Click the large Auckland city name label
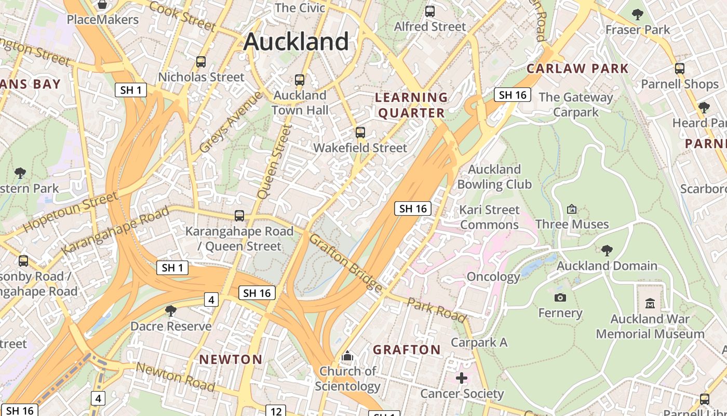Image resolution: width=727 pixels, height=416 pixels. pyautogui.click(x=296, y=42)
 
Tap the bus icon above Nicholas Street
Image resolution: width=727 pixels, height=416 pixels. pyautogui.click(x=201, y=62)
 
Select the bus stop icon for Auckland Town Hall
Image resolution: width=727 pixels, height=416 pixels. pyautogui.click(x=300, y=80)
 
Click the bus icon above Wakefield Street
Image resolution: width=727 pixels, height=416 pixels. pyautogui.click(x=360, y=133)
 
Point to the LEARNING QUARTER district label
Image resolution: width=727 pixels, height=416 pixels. pyautogui.click(x=411, y=105)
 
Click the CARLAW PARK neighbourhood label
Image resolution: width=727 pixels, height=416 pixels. pyautogui.click(x=577, y=69)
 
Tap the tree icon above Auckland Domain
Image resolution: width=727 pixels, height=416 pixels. pyautogui.click(x=607, y=251)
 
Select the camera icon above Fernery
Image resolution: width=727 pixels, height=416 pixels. pyautogui.click(x=560, y=297)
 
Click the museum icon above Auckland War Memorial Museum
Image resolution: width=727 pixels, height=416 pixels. pyautogui.click(x=650, y=303)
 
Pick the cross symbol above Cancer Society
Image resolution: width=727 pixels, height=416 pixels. pyautogui.click(x=462, y=378)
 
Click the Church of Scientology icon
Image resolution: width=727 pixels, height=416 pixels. pyautogui.click(x=347, y=357)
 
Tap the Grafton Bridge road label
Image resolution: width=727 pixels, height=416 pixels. pyautogui.click(x=346, y=263)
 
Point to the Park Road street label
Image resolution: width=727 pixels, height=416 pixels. pyautogui.click(x=436, y=310)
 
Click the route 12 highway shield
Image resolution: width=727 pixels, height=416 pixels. pyautogui.click(x=276, y=411)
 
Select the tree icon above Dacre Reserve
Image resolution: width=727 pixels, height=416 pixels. pyautogui.click(x=170, y=311)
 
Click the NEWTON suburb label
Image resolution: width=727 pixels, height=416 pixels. pyautogui.click(x=231, y=359)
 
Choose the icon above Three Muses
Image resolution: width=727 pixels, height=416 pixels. pyautogui.click(x=572, y=209)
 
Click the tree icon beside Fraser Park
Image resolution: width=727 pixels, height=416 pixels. pyautogui.click(x=638, y=15)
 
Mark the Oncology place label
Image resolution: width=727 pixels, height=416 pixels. pyautogui.click(x=493, y=277)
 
